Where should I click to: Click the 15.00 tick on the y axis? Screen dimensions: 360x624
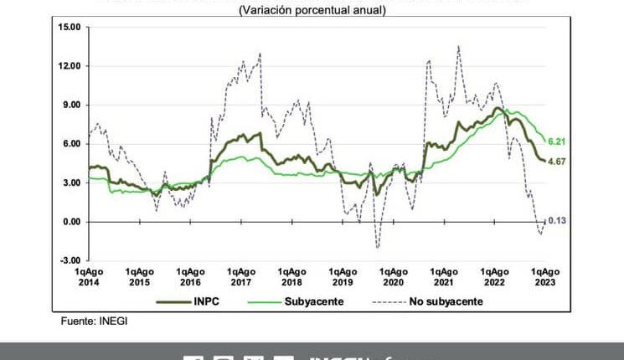click(x=69, y=28)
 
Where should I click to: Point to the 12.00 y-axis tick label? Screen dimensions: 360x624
click(x=69, y=66)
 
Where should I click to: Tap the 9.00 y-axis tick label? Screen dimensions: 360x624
click(x=70, y=105)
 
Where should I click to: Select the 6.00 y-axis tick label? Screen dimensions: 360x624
click(x=70, y=144)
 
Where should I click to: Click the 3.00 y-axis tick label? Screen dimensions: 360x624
click(x=70, y=183)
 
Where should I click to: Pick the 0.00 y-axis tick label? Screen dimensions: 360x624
click(x=70, y=222)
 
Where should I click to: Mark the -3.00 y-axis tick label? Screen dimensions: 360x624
click(x=70, y=260)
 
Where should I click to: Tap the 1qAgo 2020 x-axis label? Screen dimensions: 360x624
click(x=394, y=277)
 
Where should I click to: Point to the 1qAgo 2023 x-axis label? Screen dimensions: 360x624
click(x=546, y=277)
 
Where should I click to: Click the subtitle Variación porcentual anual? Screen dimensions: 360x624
click(x=312, y=10)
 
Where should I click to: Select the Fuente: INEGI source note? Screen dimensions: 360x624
click(x=94, y=321)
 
